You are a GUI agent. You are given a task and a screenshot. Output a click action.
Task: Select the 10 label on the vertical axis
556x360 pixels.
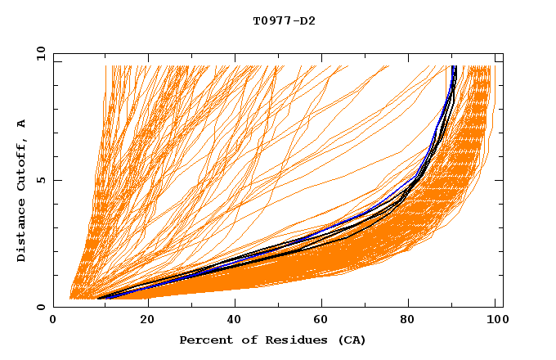pos(38,53)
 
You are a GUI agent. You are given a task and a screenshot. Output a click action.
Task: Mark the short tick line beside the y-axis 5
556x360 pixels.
pos(57,180)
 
